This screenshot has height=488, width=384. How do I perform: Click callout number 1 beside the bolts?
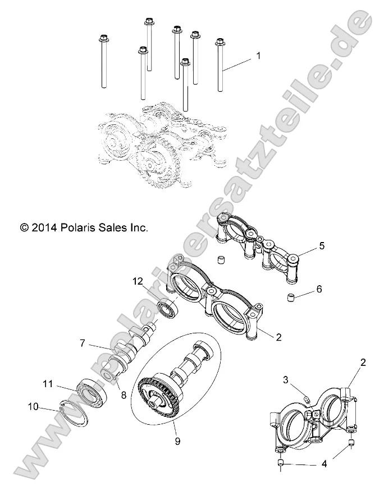click(x=258, y=55)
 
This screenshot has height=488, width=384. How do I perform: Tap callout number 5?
click(x=322, y=246)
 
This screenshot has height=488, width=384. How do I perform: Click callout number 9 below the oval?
click(x=178, y=441)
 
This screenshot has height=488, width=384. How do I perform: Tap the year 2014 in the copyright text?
click(x=44, y=228)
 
